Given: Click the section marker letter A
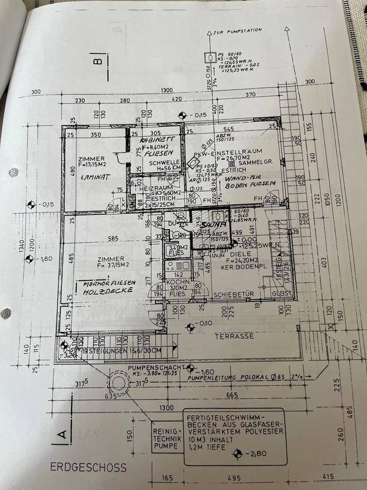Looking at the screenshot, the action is tap(62, 435).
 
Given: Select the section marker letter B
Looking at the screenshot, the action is tap(96, 61).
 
